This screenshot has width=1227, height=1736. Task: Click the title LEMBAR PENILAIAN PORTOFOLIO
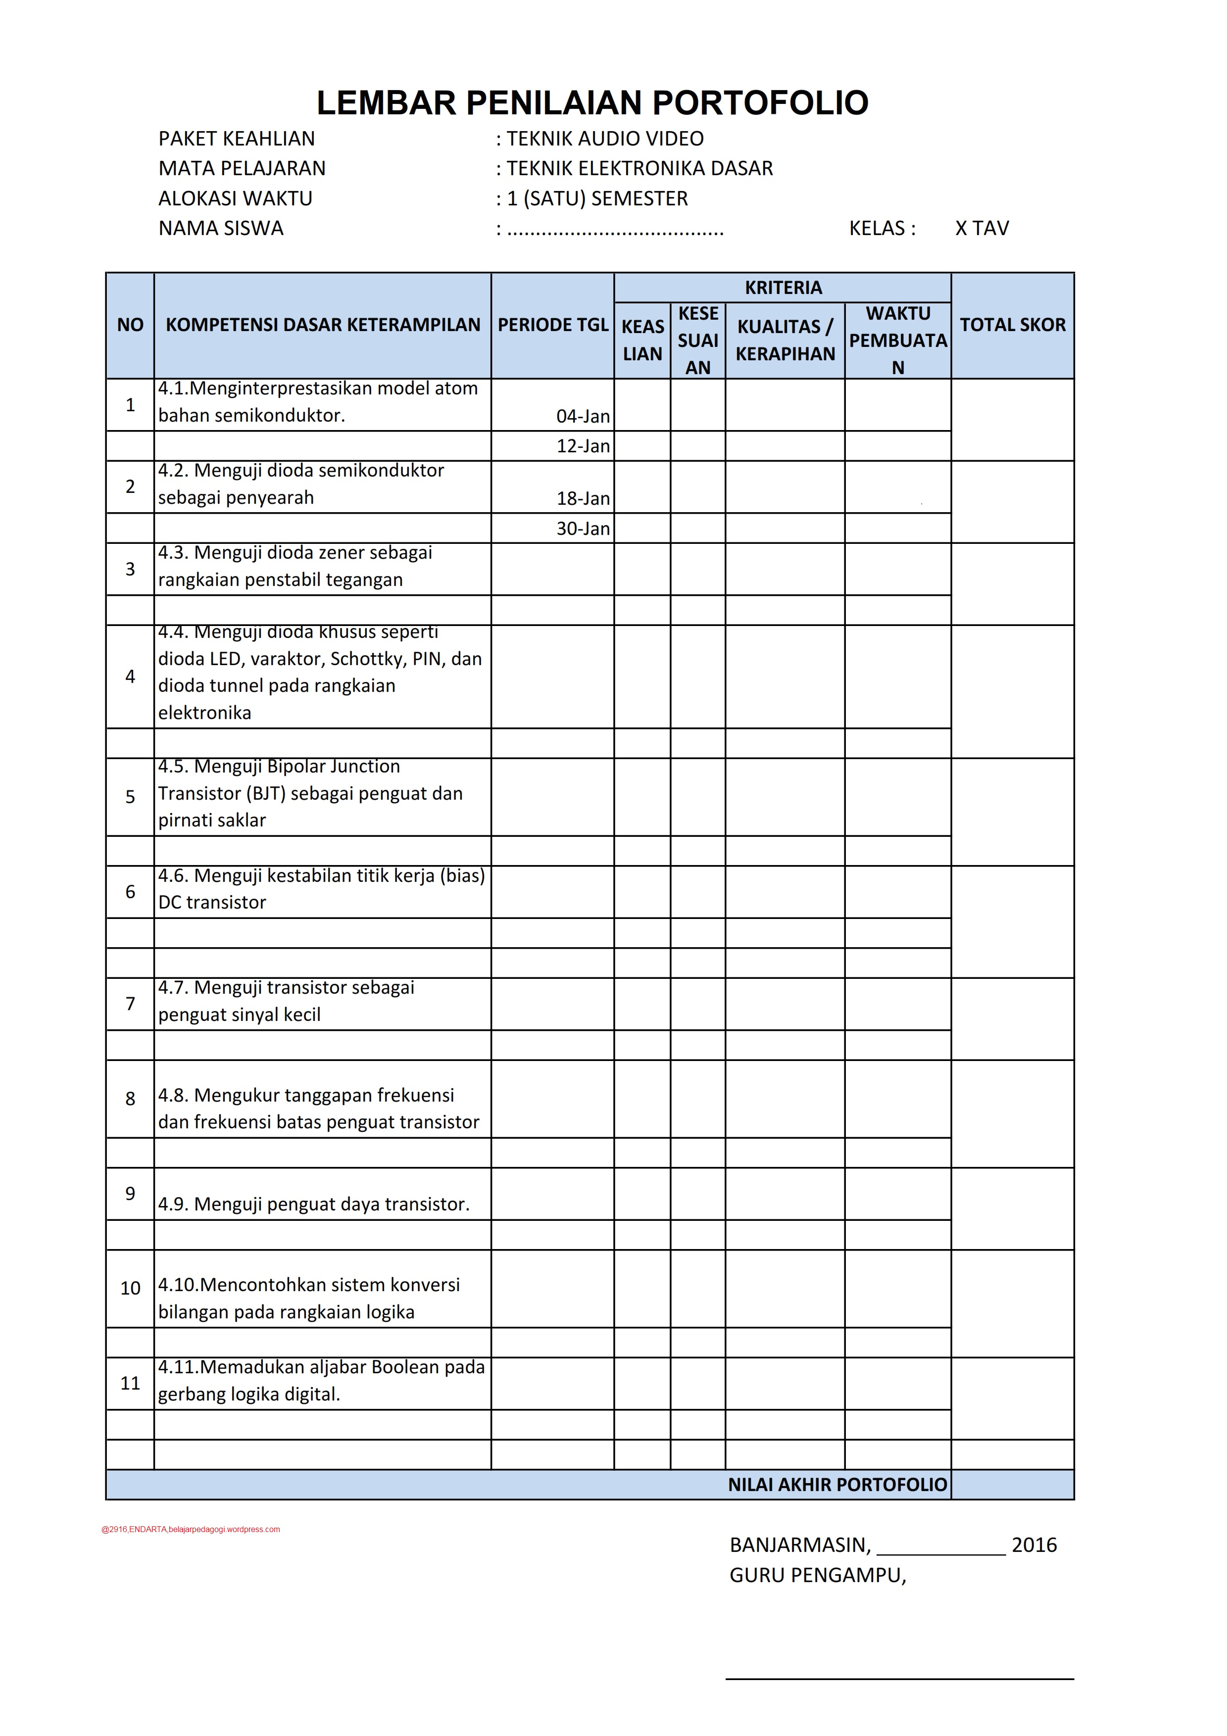point(592,103)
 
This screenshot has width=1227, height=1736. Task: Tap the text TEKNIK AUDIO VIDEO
point(605,139)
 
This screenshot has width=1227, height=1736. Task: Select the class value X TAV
point(982,228)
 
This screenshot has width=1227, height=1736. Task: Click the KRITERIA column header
point(783,288)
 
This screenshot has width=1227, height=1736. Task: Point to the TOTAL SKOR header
point(1012,325)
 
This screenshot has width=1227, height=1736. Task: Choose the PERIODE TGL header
point(553,325)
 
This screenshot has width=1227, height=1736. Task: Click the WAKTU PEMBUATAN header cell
point(897,340)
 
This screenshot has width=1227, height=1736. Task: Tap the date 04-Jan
point(583,416)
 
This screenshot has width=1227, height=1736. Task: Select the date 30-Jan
point(583,529)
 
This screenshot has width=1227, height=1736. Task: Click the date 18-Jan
point(583,498)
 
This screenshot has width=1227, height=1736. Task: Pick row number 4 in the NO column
point(130,676)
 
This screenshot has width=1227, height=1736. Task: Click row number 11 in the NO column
point(130,1383)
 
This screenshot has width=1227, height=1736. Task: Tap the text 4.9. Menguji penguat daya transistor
point(314,1204)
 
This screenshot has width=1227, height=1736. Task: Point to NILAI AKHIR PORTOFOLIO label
point(837,1484)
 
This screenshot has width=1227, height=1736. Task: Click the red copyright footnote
point(191,1529)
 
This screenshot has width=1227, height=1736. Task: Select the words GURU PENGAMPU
point(817,1575)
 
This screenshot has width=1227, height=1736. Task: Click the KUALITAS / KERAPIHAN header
point(785,340)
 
